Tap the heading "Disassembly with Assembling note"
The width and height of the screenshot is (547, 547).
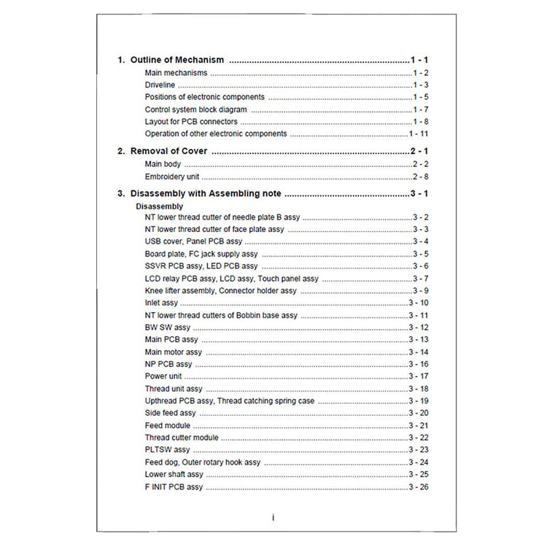point(206,193)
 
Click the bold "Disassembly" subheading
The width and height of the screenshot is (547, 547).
point(160,206)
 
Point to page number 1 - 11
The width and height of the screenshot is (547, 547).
point(418,134)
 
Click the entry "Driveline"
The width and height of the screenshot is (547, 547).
point(160,85)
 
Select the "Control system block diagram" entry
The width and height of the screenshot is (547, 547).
point(195,109)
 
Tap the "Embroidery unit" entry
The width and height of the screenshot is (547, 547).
point(172,176)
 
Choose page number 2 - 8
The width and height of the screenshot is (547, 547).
point(419,176)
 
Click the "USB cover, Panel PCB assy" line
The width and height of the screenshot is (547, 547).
point(193,241)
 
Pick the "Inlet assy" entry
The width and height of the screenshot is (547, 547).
point(161,303)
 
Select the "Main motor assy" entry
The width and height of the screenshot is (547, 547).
point(174,352)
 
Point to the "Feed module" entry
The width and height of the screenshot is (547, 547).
point(167,425)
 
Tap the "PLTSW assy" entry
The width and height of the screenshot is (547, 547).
point(167,450)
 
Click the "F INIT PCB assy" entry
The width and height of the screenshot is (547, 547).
point(174,486)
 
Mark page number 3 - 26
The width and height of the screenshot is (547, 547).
point(418,486)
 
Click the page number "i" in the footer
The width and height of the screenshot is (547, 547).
point(273,517)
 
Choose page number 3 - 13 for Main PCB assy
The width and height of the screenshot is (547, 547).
point(418,340)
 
